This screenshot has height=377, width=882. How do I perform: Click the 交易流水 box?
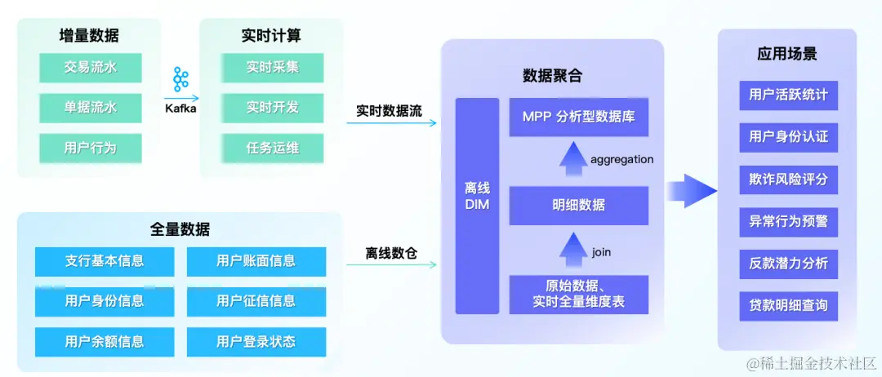[x=90, y=68]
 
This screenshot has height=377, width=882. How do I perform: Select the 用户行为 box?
[x=90, y=148]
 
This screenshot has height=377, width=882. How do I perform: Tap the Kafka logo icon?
[x=180, y=80]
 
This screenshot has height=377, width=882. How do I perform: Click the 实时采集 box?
[x=272, y=68]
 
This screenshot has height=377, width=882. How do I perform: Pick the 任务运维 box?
[x=272, y=148]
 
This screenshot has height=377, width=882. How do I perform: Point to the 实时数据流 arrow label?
[x=389, y=111]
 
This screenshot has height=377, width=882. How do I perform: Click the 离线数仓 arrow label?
[x=391, y=254]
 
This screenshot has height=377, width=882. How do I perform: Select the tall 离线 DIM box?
[x=477, y=206]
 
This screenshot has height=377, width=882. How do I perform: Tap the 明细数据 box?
[x=578, y=206]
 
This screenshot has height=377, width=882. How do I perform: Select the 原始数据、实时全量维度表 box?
[x=578, y=295]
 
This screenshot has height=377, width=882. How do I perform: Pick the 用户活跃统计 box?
[x=788, y=95]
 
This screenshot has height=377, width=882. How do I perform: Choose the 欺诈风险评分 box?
[x=788, y=179]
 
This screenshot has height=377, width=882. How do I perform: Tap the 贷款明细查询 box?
[x=788, y=305]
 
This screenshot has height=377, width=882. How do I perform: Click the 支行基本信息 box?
[x=105, y=261]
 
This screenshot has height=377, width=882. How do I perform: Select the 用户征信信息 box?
[x=256, y=301]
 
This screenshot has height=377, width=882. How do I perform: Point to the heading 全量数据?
[x=180, y=229]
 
